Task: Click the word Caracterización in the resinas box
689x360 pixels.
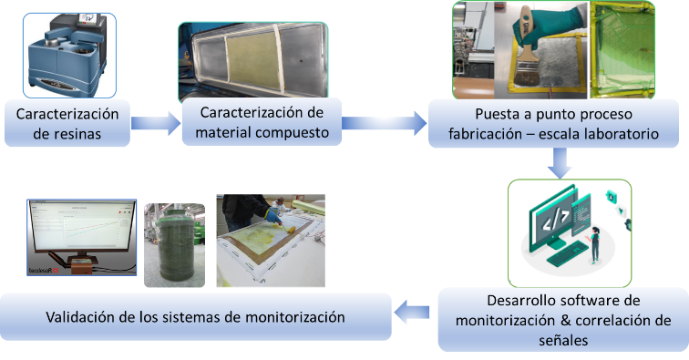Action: pyautogui.click(x=68, y=117)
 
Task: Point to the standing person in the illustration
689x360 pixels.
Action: pyautogui.click(x=596, y=236)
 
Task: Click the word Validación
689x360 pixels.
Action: pyautogui.click(x=81, y=317)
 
